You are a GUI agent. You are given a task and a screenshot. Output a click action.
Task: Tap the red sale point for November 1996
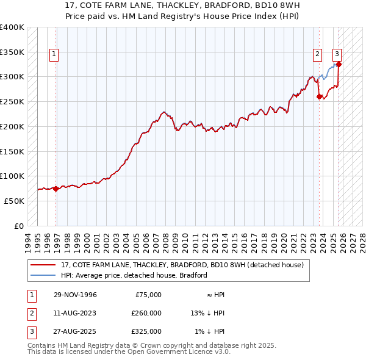click(56, 189)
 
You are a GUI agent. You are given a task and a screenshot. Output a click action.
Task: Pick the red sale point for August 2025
click(339, 64)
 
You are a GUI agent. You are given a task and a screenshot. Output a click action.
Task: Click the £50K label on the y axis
click(14, 201)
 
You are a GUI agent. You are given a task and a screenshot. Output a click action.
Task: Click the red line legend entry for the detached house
click(178, 265)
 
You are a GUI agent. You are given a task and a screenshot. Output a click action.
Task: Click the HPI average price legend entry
click(134, 275)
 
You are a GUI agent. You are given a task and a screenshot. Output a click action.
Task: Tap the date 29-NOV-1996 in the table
click(75, 295)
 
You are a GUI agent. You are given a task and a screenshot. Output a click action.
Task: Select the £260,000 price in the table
click(146, 313)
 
